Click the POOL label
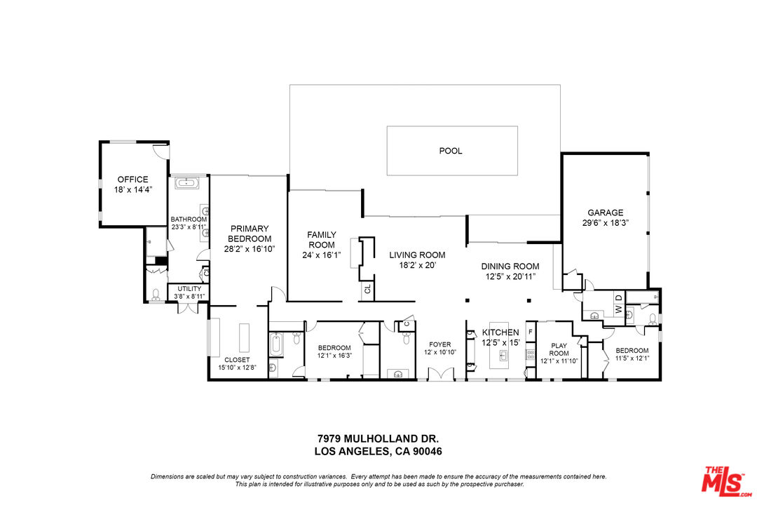click(x=451, y=151)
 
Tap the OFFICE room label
click(x=132, y=180)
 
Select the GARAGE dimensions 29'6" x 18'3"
click(x=606, y=223)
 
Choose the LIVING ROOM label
click(x=417, y=255)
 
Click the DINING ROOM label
click(x=510, y=267)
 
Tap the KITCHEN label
click(x=500, y=332)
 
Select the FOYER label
click(x=440, y=344)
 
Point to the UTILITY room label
click(x=189, y=288)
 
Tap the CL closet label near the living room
click(x=367, y=288)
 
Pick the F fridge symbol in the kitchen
click(x=531, y=331)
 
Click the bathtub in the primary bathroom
click(x=187, y=184)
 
